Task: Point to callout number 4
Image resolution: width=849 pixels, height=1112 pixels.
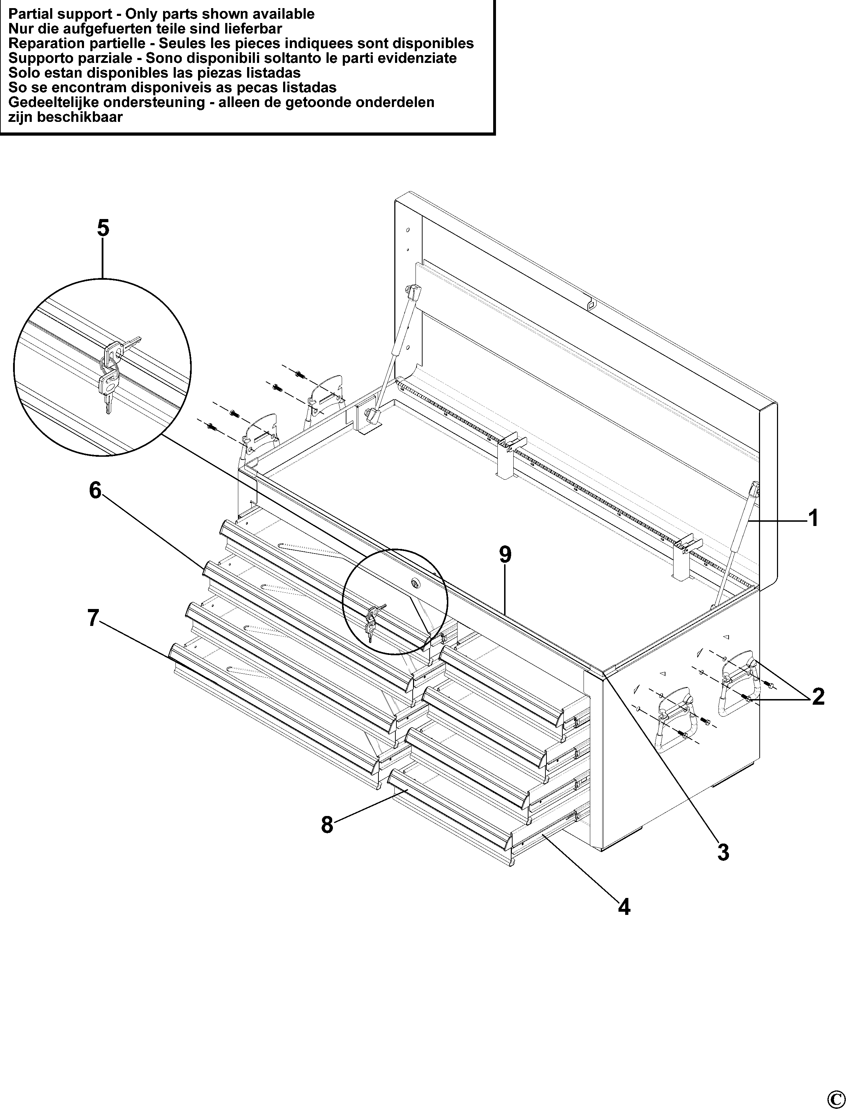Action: (624, 907)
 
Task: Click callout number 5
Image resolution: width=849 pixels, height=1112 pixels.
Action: (103, 228)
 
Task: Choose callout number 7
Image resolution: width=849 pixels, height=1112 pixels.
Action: (94, 617)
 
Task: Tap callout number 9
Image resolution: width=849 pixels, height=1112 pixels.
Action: (505, 555)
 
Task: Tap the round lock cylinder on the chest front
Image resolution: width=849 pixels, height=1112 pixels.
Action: (415, 584)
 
